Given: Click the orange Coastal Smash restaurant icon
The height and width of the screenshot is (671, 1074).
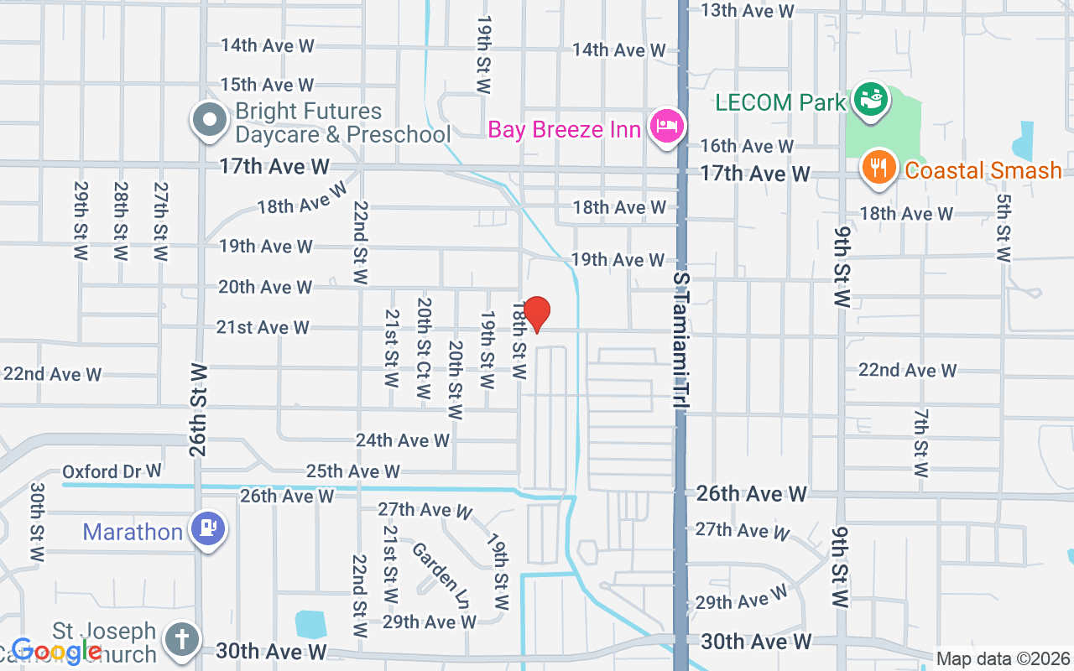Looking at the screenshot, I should pos(878,168).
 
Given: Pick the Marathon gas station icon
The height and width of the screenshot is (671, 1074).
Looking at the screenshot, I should pos(206,529).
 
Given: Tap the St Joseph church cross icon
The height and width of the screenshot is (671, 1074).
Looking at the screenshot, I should pos(180,640).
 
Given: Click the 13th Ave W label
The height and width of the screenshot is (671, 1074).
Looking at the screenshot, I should pos(747,11).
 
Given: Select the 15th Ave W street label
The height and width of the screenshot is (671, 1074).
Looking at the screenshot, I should pos(267,85).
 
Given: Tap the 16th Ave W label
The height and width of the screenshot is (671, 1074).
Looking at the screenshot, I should pos(747,146).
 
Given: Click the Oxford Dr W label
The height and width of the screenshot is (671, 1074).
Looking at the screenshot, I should pos(112,471).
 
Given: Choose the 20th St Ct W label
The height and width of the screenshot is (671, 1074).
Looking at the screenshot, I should pos(424,348).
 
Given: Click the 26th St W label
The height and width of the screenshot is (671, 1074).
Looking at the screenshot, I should pos(199,409).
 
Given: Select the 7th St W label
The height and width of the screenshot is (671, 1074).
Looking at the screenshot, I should pos(921,443).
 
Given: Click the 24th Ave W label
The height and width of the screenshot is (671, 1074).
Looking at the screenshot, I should pos(403,440).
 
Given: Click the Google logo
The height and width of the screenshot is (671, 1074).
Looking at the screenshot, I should pos(56,651).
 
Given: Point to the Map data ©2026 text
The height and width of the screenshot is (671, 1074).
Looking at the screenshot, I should pos(1003,659).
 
